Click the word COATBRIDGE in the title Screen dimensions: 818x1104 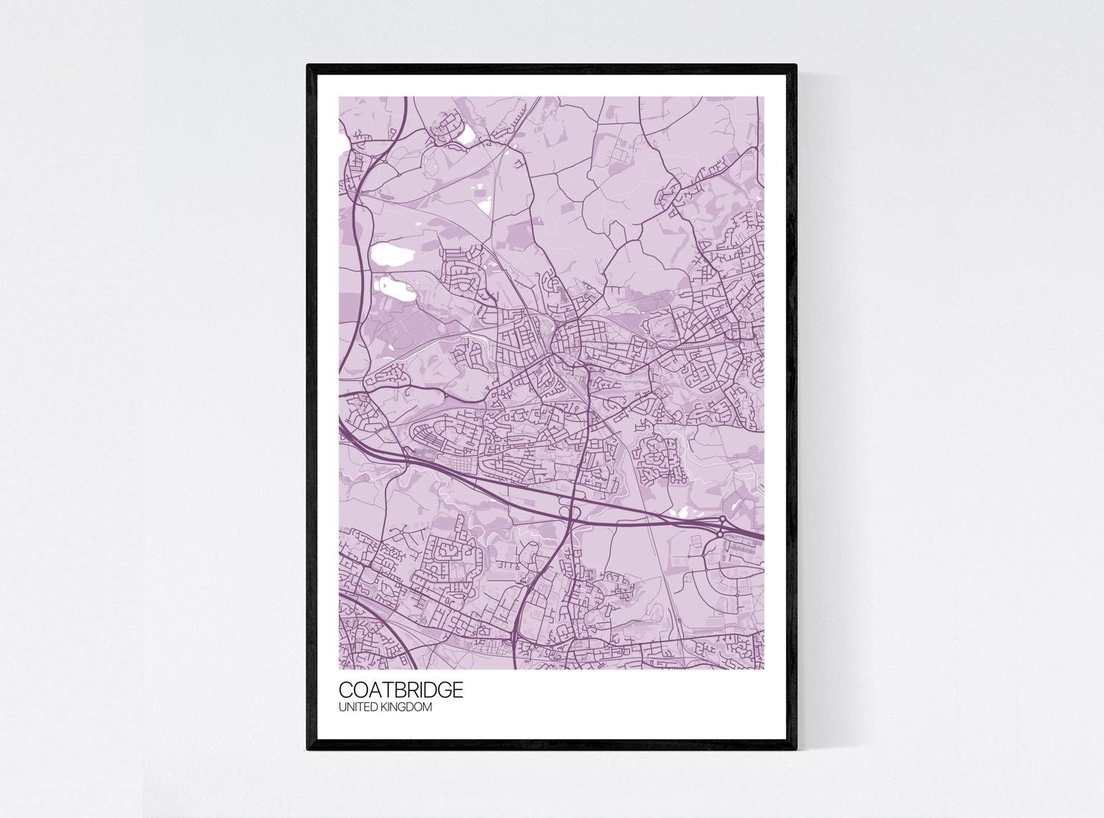401,690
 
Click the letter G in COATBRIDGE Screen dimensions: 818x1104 442,690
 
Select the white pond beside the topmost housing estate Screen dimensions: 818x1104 467,133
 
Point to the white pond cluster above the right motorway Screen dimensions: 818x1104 681,510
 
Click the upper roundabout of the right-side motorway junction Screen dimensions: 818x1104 723,521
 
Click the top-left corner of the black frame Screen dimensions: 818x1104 308,66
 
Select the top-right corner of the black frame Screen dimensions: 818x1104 796,66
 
